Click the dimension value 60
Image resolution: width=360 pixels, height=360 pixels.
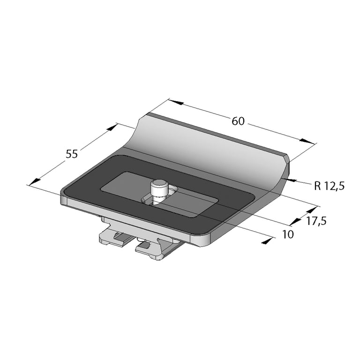238,121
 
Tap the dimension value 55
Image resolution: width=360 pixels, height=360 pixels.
72,154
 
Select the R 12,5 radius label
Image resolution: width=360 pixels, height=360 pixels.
330,186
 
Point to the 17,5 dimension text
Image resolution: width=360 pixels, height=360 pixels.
316,221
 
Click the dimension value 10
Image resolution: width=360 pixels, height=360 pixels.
288,234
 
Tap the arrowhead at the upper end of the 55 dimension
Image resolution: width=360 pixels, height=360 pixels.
112,127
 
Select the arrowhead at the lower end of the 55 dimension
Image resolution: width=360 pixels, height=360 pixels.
35,181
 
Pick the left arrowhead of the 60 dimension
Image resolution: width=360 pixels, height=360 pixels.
177,102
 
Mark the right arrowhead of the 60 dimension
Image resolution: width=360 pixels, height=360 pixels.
307,141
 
